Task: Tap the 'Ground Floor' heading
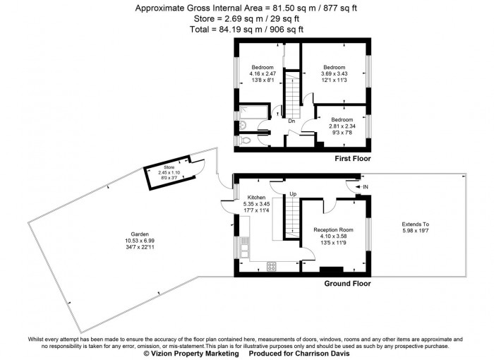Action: click(x=347, y=284)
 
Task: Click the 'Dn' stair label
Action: click(x=291, y=121)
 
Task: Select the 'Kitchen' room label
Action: click(x=255, y=198)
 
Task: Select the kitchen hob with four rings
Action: click(x=270, y=265)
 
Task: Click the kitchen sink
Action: click(x=244, y=248)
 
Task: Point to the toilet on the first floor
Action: click(x=245, y=140)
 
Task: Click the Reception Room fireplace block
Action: click(x=332, y=269)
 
